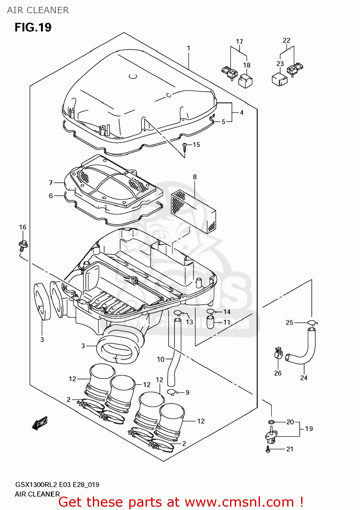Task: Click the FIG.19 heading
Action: pyautogui.click(x=33, y=27)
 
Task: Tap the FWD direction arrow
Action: pyautogui.click(x=39, y=423)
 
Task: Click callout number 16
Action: pyautogui.click(x=22, y=227)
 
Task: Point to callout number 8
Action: pyautogui.click(x=195, y=177)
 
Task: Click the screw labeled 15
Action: pyautogui.click(x=185, y=147)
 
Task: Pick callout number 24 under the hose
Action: pyautogui.click(x=304, y=378)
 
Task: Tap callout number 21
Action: pyautogui.click(x=290, y=449)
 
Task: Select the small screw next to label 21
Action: pyautogui.click(x=268, y=449)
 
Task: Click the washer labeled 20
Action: pyautogui.click(x=271, y=422)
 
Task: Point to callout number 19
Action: pyautogui.click(x=309, y=429)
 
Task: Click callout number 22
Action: pyautogui.click(x=287, y=40)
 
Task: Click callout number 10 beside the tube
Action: pyautogui.click(x=161, y=359)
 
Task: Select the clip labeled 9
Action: pyautogui.click(x=172, y=392)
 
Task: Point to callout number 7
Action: pyautogui.click(x=51, y=183)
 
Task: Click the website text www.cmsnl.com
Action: pyautogui.click(x=239, y=502)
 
